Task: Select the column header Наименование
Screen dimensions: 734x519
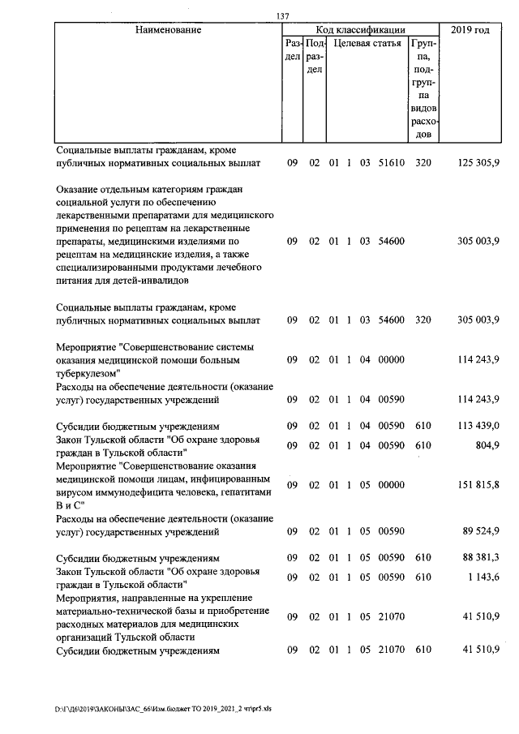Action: pos(168,30)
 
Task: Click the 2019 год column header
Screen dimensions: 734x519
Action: pos(473,30)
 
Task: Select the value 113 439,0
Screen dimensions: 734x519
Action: pos(478,426)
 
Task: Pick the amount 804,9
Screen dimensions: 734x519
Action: pos(487,445)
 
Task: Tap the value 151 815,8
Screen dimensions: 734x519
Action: pos(478,484)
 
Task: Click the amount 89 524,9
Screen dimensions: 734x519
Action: pos(480,531)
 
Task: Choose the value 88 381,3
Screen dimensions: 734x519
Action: pos(480,558)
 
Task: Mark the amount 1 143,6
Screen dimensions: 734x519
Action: pos(483,577)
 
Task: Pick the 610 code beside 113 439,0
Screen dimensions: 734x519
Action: pos(422,426)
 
